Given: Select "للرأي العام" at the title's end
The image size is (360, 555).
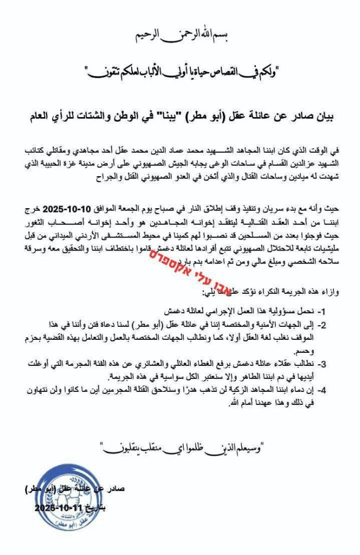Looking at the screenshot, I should (52, 115).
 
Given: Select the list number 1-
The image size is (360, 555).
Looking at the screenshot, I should (330, 313).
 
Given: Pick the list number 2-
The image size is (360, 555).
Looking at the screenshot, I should (330, 324).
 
